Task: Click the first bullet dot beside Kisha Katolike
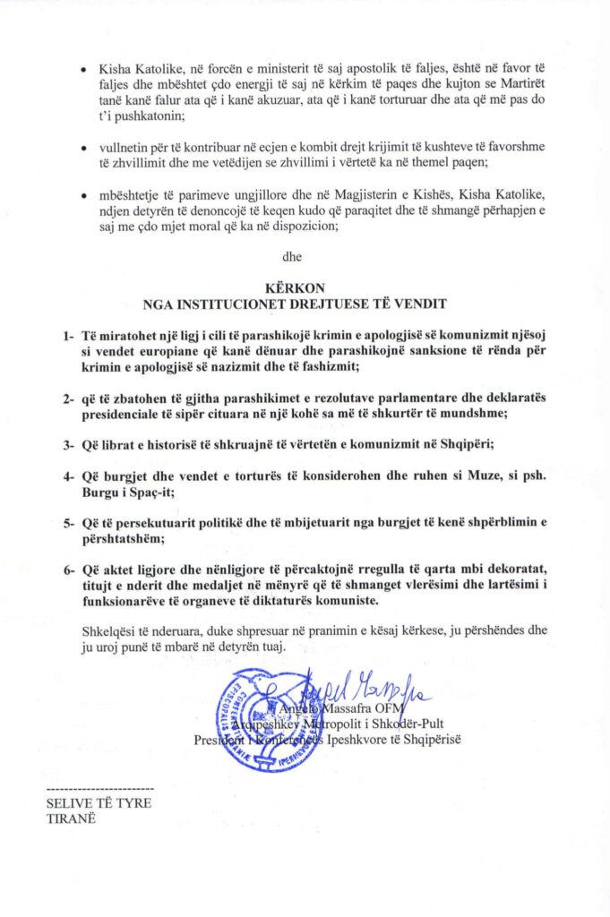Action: (83, 69)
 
